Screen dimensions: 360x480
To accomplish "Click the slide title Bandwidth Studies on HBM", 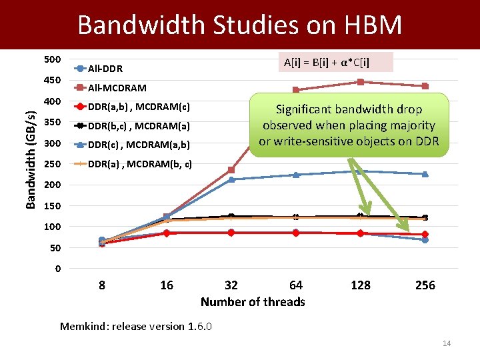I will [240, 25].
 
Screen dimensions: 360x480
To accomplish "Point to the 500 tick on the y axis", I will [53, 60].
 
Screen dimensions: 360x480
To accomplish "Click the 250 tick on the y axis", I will [53, 164].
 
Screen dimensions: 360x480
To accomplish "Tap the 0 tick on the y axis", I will [58, 269].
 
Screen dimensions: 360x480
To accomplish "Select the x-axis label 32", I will [231, 285].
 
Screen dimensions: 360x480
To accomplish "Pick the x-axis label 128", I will [361, 285].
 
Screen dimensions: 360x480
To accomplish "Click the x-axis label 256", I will [425, 285].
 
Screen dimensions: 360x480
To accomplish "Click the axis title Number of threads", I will [253, 302].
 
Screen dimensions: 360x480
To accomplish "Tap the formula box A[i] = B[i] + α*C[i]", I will [327, 63].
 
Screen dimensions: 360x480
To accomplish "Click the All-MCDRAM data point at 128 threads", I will [361, 82].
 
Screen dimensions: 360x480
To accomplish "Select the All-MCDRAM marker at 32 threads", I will [231, 170].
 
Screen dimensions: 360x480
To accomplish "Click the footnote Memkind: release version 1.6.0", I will [136, 326].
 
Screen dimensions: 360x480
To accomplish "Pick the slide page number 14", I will [447, 343].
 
